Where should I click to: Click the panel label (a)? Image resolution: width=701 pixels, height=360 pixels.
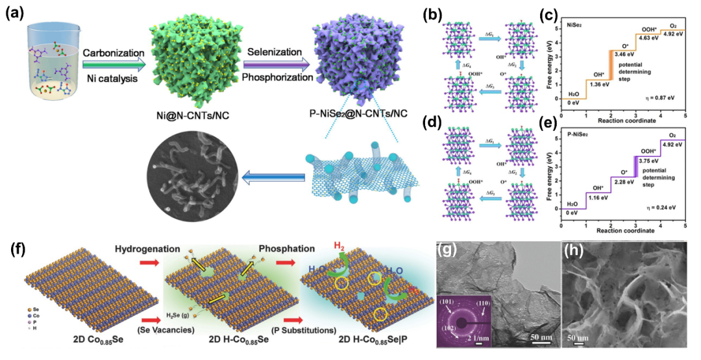(15, 14)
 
